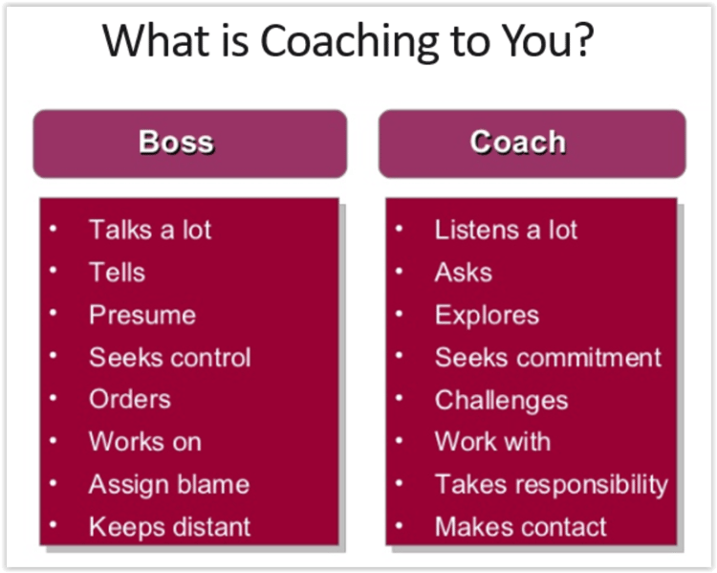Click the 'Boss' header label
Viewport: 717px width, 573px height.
coord(177,142)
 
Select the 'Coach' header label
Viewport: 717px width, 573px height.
coord(518,142)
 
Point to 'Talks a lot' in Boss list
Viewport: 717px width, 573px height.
coord(150,230)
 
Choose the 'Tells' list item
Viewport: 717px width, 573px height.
coord(117,273)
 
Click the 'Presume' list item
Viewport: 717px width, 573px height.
coord(141,315)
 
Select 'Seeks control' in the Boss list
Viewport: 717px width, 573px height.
coord(169,358)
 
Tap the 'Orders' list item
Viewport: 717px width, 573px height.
coord(129,399)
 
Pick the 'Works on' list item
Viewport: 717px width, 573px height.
coord(144,442)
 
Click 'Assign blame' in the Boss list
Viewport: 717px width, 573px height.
coord(168,484)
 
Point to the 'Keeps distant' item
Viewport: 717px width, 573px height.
coord(169,526)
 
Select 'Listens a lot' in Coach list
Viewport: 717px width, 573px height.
coord(506,230)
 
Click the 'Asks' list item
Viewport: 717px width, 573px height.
coord(463,273)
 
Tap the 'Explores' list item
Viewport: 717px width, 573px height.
coord(487,315)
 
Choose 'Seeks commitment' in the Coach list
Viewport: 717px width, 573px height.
coord(548,358)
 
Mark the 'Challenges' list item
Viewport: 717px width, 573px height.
coord(501,400)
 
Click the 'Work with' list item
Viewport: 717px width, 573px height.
coord(492,442)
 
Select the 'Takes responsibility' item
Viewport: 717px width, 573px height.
coord(551,484)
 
